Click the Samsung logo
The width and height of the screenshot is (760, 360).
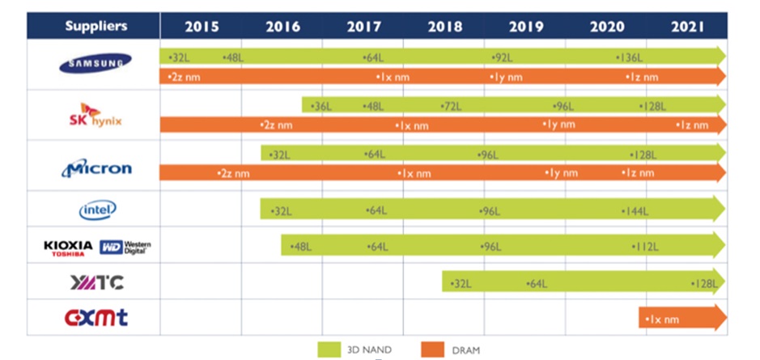pos(95,62)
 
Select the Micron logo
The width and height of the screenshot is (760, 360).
pos(96,168)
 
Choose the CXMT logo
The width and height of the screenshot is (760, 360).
pos(96,317)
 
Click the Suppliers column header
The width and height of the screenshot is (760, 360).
pos(96,26)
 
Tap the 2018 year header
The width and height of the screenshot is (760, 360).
pos(444,26)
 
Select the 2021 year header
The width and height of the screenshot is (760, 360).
pos(687,26)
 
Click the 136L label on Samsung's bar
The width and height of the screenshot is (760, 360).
pos(629,57)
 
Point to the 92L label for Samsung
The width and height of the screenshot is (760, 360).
pos(503,57)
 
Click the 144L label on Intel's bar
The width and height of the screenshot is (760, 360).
pos(635,211)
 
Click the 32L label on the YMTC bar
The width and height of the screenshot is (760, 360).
pos(460,283)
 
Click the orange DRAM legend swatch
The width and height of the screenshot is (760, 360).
pos(432,349)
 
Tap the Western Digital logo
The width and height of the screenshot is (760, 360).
pos(125,248)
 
